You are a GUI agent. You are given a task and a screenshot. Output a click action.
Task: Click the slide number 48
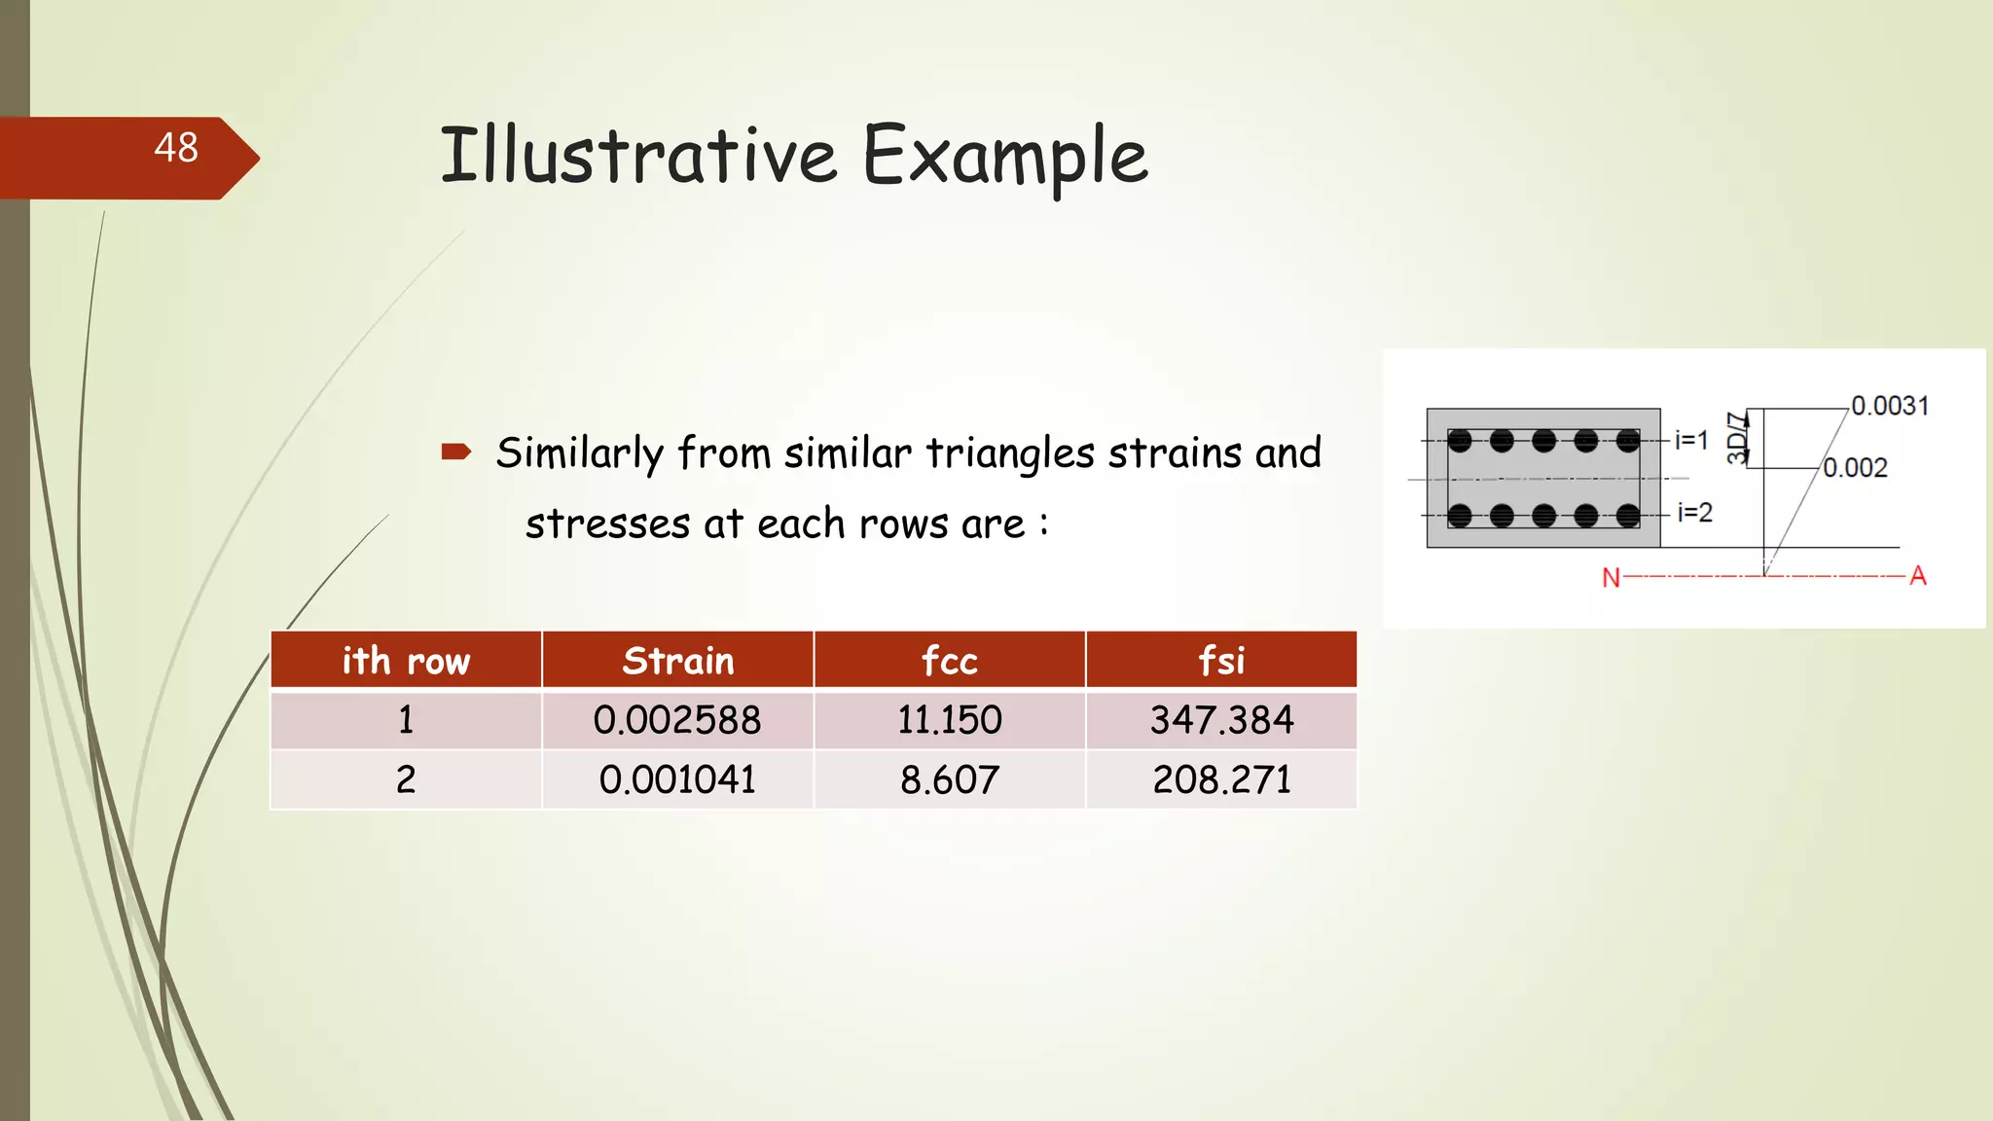176,148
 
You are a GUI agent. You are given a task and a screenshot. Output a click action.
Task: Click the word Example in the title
1004,156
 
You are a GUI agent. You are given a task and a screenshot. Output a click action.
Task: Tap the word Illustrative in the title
638,156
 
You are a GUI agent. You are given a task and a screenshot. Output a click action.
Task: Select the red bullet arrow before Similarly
455,452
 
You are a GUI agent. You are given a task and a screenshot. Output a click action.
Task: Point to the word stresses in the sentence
607,524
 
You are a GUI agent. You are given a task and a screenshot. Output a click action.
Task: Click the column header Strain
677,661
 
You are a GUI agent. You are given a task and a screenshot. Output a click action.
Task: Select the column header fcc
949,661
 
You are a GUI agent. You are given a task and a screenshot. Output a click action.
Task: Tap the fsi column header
1220,661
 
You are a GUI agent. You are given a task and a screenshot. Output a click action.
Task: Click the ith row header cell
406,661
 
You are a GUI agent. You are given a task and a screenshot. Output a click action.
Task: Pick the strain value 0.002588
677,720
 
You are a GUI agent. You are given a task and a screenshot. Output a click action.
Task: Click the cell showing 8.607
949,779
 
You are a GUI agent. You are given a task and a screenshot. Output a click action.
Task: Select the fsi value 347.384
1221,720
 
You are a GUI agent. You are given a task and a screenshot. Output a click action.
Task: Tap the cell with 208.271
1221,779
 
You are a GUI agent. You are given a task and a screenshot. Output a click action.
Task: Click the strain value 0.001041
677,779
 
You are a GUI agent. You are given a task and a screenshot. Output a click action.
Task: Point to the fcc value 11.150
949,720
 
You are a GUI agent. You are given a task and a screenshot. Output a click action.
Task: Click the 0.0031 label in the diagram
1889,406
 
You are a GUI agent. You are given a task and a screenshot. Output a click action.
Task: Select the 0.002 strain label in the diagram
1855,468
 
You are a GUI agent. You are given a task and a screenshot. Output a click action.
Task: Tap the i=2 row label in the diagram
1694,512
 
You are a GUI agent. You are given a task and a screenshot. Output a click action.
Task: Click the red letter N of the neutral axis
1611,578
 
